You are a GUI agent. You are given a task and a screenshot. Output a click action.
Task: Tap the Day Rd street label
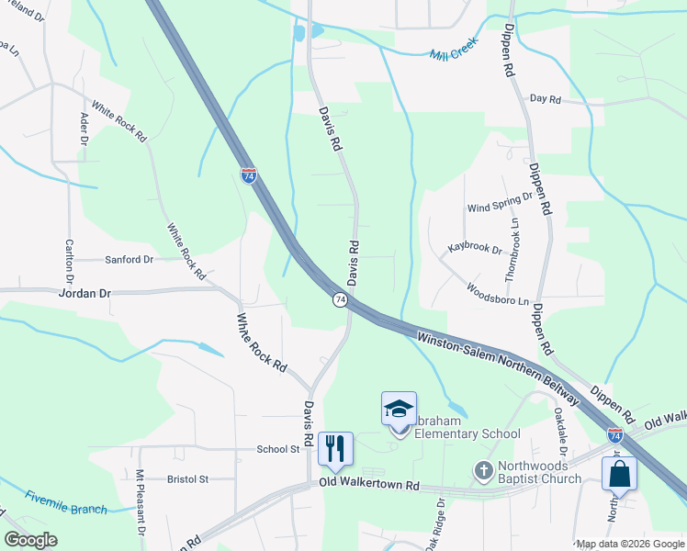click(x=546, y=99)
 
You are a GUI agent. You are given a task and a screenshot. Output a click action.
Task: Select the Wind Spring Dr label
click(x=500, y=202)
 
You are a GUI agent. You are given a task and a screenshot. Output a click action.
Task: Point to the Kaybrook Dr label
click(x=475, y=248)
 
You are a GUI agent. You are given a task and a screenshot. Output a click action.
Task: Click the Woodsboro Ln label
click(x=499, y=295)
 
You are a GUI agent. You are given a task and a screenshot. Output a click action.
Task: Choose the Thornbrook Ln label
click(x=512, y=251)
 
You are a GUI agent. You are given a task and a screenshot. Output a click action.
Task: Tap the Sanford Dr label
click(x=129, y=260)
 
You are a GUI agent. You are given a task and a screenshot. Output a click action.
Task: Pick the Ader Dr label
click(x=84, y=129)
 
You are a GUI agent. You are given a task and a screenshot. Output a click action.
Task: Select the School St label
click(x=278, y=449)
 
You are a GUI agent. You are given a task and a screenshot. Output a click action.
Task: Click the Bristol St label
click(x=188, y=478)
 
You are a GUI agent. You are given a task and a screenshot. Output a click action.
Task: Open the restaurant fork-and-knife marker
click(x=335, y=448)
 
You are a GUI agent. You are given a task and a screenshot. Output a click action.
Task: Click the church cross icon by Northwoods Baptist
click(x=484, y=471)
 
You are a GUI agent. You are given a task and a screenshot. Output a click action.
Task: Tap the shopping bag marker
click(x=619, y=474)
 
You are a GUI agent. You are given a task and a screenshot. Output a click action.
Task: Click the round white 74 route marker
click(x=340, y=300)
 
